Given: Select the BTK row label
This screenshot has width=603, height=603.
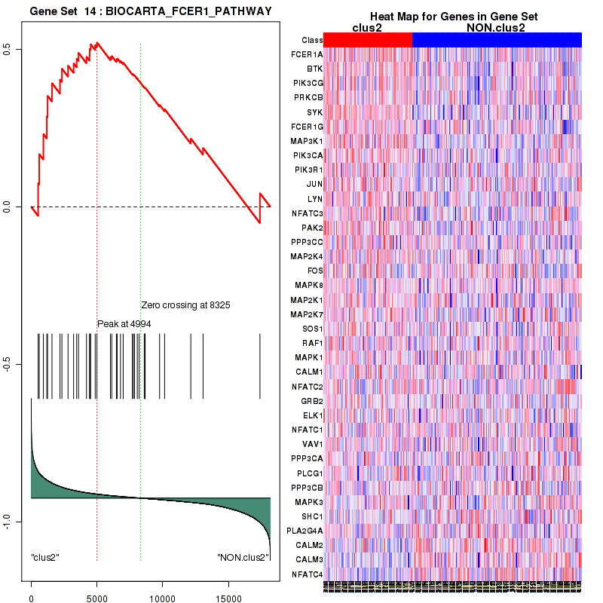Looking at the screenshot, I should point(315,69).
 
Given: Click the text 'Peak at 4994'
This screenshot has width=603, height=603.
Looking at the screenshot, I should point(124,323).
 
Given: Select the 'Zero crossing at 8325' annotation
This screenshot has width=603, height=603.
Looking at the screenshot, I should point(185,305).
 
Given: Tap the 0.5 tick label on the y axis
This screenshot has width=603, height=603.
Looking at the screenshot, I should point(16,49).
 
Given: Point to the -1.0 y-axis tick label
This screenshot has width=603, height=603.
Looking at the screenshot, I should point(16,522).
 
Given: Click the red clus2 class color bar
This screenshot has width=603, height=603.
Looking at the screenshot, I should point(369,40).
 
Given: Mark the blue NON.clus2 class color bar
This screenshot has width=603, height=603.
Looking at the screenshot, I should point(497,40).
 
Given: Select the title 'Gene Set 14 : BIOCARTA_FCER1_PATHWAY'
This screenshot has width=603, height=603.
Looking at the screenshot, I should point(151,10).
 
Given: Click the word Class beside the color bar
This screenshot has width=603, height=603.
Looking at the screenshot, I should point(312,40).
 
